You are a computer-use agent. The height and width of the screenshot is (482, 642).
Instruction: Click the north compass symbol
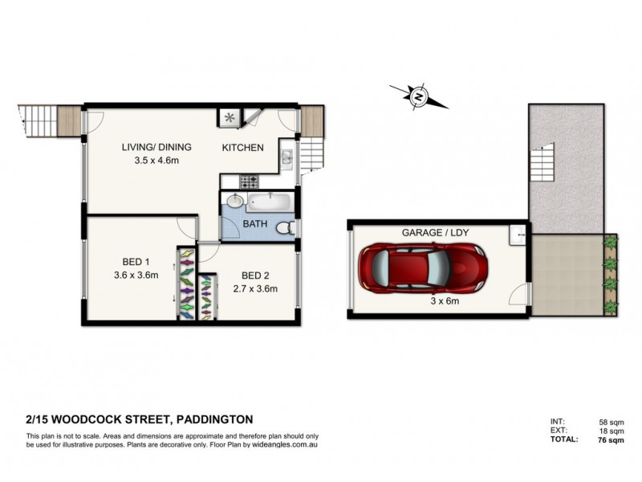point(418,96)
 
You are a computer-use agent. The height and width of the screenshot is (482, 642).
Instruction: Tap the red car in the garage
point(423,268)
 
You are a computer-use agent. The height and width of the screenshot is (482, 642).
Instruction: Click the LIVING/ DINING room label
point(157,148)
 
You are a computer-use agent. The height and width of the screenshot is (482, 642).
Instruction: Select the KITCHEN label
point(242,148)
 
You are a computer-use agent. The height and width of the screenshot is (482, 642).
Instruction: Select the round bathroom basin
point(234,202)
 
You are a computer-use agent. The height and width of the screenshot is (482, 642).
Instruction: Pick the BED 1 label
point(136,262)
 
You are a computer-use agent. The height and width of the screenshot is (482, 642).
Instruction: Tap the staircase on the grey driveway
point(543,163)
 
